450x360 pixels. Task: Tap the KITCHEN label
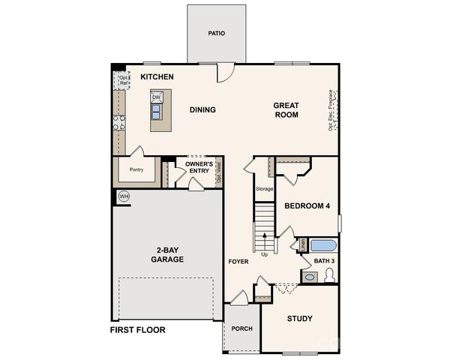tap(157, 77)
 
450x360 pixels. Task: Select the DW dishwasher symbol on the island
tap(157, 97)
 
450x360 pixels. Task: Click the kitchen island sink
tap(157, 112)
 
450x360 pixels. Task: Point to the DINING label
tap(202, 110)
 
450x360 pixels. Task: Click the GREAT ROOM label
tap(286, 110)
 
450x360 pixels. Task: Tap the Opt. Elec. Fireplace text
tap(330, 110)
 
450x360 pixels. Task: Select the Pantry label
tap(136, 170)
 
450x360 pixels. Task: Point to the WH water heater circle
tap(124, 196)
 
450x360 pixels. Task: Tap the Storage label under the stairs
tap(264, 189)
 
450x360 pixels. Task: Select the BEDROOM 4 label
tap(307, 206)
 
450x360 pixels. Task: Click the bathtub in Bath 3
tap(323, 244)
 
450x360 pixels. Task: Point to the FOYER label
tap(238, 261)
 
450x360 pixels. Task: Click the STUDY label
tap(300, 319)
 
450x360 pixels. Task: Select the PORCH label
tap(241, 328)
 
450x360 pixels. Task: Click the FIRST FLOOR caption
tap(138, 330)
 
